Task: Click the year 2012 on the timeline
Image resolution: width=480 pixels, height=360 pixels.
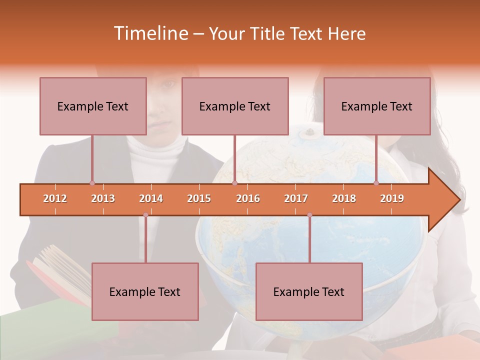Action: point(55,198)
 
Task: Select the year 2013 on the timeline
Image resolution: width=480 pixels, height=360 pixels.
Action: point(103,198)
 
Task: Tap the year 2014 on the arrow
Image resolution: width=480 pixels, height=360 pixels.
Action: point(151,198)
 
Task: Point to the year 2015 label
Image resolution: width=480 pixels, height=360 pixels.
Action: point(199,198)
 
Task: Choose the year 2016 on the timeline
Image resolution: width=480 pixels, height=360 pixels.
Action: point(248,198)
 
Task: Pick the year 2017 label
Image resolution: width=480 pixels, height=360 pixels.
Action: point(296,198)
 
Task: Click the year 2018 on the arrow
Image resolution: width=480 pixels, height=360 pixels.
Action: point(344,198)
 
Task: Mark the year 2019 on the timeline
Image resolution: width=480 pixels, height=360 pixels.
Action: point(392,198)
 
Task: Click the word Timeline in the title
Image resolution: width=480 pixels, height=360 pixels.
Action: point(150,33)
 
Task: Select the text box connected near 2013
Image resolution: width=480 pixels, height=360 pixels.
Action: point(93,106)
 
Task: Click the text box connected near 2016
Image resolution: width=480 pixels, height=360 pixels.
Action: point(235,106)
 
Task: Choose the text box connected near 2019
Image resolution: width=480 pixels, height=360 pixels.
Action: point(377,106)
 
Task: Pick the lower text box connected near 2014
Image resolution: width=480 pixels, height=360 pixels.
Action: point(145,291)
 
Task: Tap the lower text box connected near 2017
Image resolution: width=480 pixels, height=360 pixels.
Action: point(309,291)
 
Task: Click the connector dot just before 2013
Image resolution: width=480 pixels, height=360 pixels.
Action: point(92,183)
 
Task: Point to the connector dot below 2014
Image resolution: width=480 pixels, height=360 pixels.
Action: point(145,215)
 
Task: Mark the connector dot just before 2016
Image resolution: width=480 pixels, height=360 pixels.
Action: point(234,183)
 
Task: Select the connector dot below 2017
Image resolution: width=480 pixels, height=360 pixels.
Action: point(309,215)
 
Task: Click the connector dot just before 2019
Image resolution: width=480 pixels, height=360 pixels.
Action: point(376,183)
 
